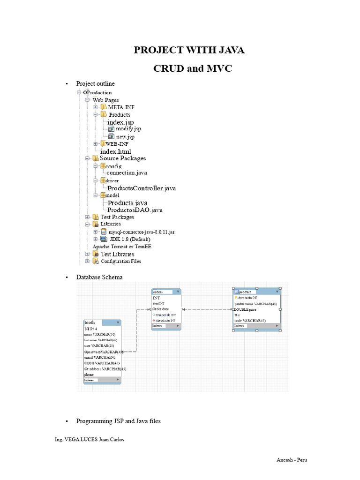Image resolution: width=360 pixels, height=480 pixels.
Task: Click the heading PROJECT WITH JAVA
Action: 189,50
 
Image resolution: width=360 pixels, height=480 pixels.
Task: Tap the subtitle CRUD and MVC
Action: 193,68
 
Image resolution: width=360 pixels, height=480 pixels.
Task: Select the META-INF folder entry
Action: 121,107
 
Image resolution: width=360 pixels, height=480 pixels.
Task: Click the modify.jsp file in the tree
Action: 128,128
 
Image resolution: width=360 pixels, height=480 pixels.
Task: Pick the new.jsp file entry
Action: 125,136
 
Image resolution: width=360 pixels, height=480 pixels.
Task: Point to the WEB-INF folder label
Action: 117,144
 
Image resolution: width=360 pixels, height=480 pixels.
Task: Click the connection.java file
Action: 127,172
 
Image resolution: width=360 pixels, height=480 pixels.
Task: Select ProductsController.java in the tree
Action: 142,188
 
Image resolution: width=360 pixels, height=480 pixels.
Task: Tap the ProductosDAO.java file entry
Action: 135,210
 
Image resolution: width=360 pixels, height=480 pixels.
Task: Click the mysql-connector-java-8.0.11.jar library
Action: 141,232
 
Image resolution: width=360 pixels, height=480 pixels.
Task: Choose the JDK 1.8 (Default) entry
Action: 129,239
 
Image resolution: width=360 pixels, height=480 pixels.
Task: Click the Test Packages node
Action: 117,217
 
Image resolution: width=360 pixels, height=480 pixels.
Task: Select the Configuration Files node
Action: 121,261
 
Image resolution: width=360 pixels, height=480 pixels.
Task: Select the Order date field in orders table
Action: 164,309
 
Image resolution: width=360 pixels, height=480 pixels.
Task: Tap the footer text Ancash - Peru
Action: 291,460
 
